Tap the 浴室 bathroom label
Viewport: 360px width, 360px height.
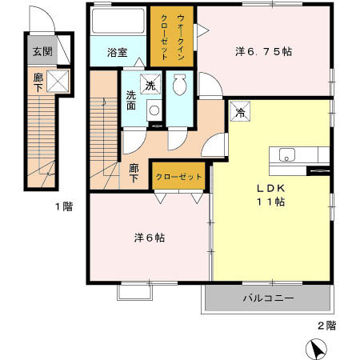click(118, 53)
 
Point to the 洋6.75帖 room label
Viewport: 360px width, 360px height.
click(263, 51)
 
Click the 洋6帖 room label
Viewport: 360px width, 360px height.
click(150, 238)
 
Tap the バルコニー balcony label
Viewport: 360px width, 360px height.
click(268, 298)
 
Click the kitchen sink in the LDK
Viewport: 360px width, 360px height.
click(286, 154)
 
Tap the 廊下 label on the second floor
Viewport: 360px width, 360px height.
click(134, 173)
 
